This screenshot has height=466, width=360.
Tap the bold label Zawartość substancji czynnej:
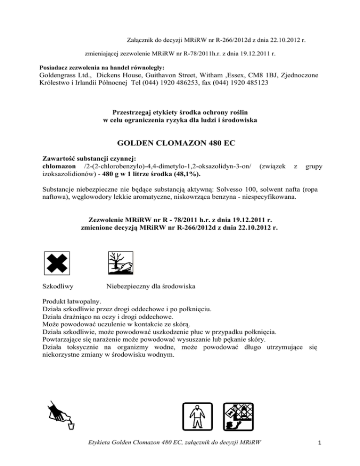[x=89, y=158]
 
